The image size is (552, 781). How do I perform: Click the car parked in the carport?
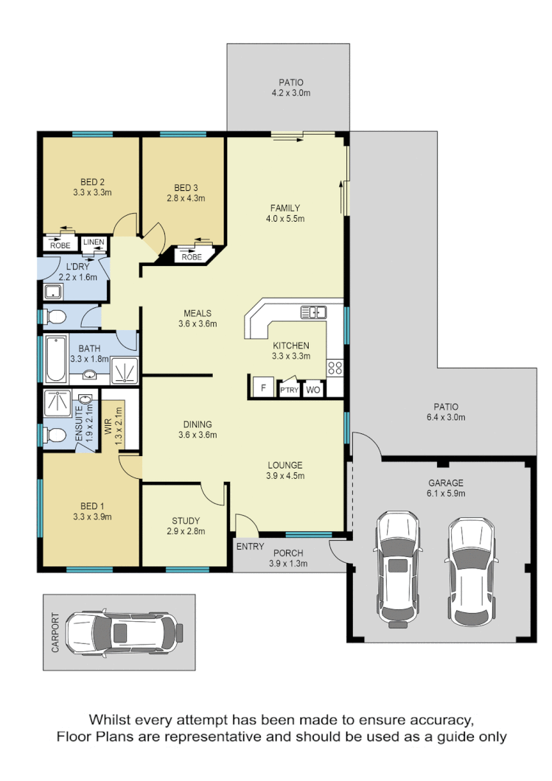pos(122,632)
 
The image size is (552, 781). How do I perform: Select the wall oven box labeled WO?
pos(312,389)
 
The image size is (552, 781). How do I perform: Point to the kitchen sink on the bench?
pos(313,312)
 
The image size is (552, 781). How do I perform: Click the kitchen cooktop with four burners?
pos(335,367)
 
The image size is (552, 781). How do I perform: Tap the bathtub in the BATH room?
pos(55,359)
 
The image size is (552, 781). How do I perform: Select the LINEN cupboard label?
pos(94,242)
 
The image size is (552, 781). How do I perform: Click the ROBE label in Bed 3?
pos(192,257)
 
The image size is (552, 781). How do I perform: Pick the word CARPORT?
pos(55,632)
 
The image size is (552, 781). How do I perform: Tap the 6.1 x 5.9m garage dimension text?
pos(447,494)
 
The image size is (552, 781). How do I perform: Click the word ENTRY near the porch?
pos(249,546)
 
